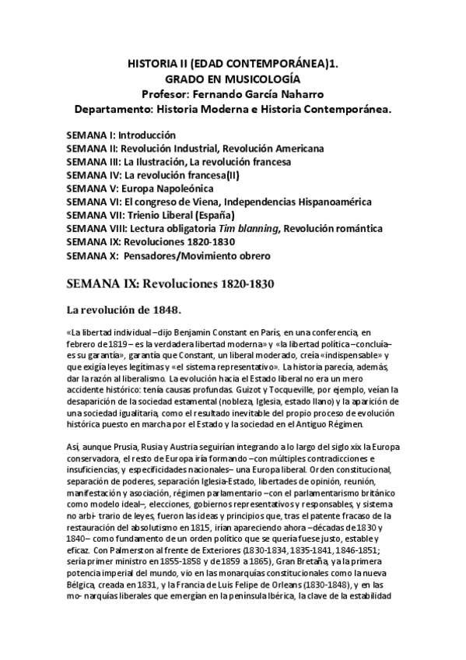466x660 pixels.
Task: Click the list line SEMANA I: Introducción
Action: (x=121, y=135)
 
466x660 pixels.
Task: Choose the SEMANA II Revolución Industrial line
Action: (x=195, y=148)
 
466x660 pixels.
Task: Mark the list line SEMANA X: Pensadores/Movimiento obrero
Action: (x=168, y=255)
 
